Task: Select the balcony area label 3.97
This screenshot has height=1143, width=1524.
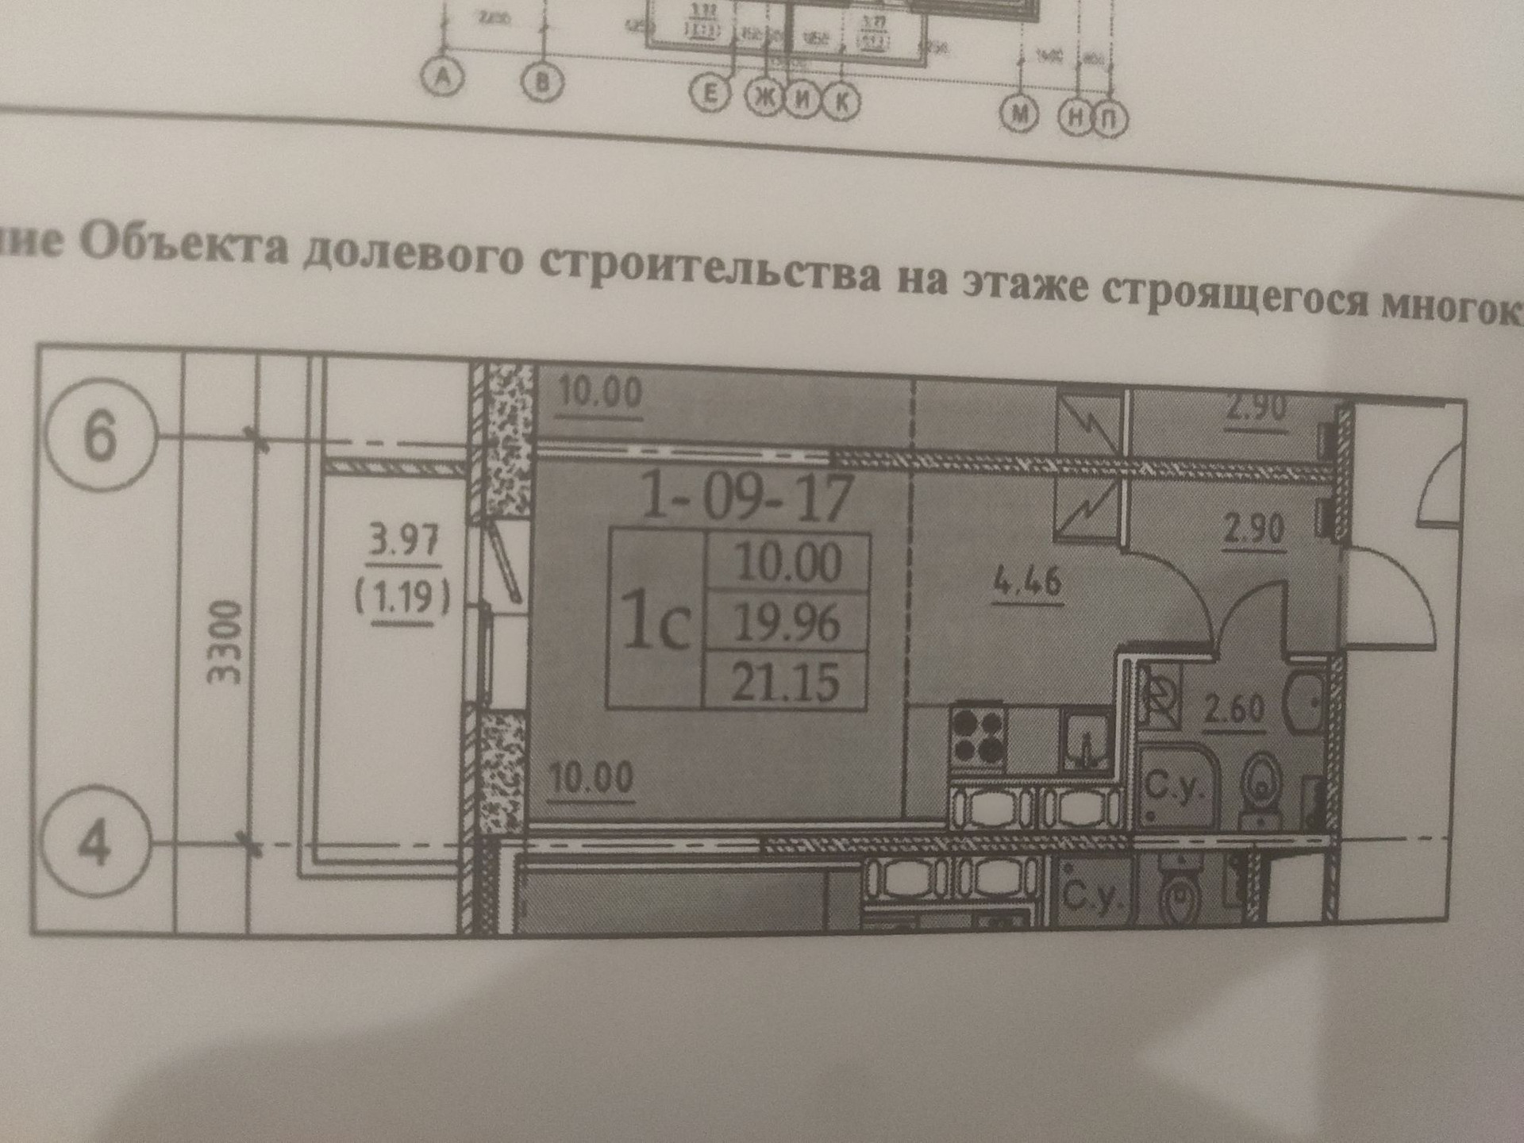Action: tap(404, 541)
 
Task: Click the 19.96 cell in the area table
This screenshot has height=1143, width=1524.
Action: tap(787, 622)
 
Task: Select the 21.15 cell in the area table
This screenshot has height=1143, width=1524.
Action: tap(785, 681)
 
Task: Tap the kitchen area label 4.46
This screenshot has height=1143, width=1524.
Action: tap(1027, 582)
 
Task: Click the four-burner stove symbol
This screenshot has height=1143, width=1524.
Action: tap(978, 736)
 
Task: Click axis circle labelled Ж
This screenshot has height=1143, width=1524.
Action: tap(764, 98)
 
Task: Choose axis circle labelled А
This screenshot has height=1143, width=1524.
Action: tap(443, 78)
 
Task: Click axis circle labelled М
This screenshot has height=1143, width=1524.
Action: tap(1020, 114)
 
